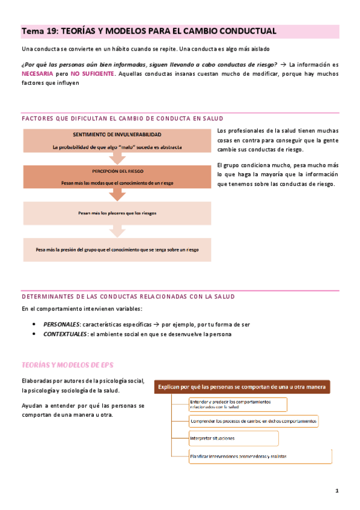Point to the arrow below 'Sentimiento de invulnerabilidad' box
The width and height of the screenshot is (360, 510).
click(117, 158)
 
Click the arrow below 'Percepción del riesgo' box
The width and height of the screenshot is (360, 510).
click(117, 194)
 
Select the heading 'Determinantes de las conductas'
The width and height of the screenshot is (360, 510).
click(128, 296)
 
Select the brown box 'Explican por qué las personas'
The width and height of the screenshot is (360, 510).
click(243, 388)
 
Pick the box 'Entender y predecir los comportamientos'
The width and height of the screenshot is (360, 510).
click(237, 404)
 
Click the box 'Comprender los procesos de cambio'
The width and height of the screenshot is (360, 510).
click(253, 422)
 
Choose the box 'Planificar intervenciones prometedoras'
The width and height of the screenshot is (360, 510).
click(260, 456)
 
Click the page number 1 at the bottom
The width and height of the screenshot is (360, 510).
click(337, 491)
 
